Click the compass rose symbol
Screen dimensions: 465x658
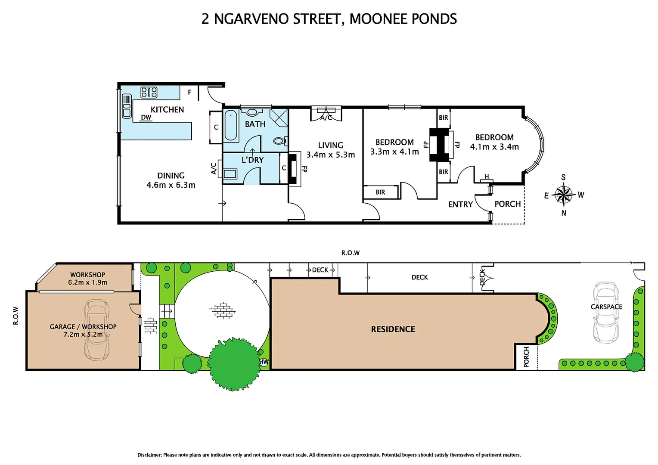pos(563,195)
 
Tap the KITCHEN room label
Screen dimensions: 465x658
pos(167,110)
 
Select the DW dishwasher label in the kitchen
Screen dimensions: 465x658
pos(146,118)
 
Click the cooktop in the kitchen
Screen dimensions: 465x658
pos(149,92)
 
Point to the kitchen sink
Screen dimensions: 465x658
pos(127,106)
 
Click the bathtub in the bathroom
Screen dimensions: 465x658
pos(231,125)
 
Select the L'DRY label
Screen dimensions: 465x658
pos(252,160)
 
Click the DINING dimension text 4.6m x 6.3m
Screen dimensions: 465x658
pos(171,185)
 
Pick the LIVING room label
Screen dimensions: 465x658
pos(330,146)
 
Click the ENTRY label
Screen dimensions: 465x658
pos(460,205)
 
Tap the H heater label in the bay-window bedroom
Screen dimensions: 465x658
pos(487,177)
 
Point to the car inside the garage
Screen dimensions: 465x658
pos(97,329)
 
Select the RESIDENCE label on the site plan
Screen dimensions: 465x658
pos(393,329)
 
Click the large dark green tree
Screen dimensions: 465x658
pos(234,363)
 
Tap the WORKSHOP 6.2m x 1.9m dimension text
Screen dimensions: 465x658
pos(88,282)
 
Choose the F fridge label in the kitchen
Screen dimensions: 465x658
pos(189,92)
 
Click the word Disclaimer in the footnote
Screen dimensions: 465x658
pos(149,455)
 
